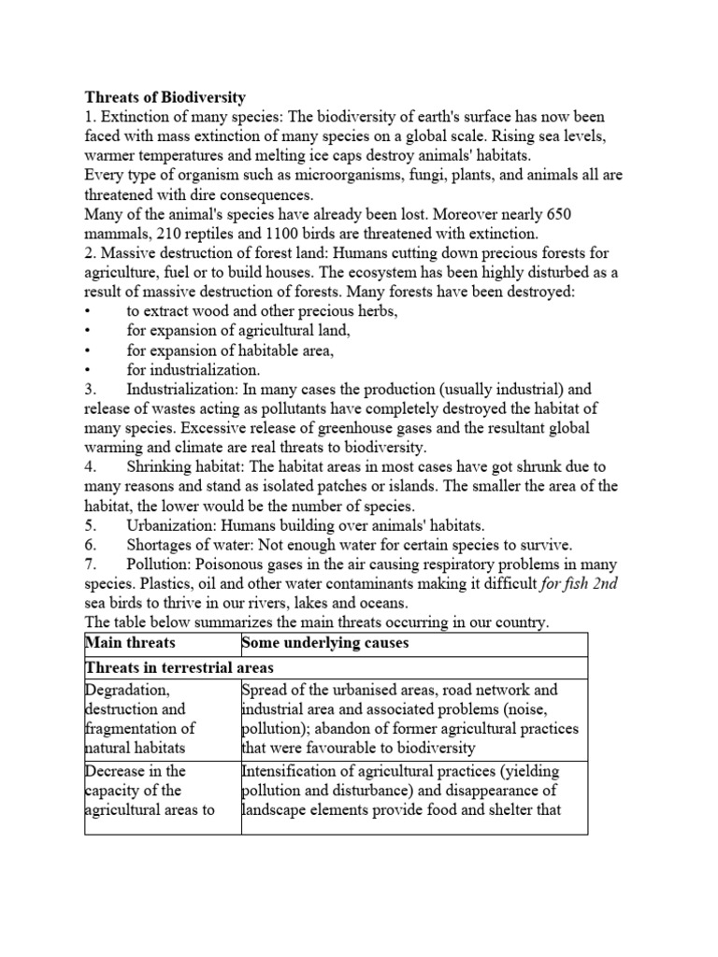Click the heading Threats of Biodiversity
pyautogui.click(x=165, y=96)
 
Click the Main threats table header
pyautogui.click(x=130, y=643)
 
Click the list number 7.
pyautogui.click(x=90, y=565)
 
